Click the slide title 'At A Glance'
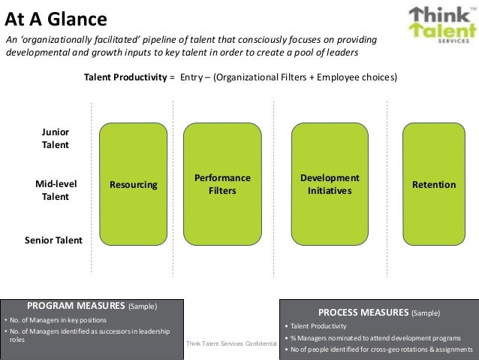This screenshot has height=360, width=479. click(x=56, y=17)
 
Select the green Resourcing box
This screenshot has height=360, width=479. click(x=134, y=185)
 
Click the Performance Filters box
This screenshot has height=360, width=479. click(x=222, y=185)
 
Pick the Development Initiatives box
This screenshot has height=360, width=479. click(x=330, y=185)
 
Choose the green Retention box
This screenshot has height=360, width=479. click(x=433, y=185)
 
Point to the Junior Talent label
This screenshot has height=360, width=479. click(x=55, y=138)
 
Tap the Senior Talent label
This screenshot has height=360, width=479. click(x=53, y=241)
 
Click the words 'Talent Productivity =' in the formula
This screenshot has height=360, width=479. click(x=129, y=77)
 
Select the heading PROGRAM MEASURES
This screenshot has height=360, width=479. click(x=76, y=306)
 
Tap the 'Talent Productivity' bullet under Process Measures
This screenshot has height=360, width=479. click(x=319, y=326)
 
